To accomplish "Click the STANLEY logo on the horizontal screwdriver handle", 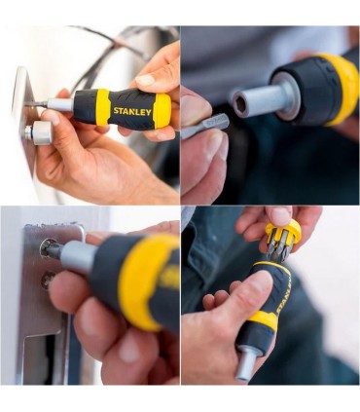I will pos(131,111).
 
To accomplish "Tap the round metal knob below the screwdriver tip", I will pos(41,133).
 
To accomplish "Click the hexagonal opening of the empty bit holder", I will pos(239,102).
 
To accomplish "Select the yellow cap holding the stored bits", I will pos(282,234).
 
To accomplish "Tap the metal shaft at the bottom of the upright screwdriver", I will pos(247,363).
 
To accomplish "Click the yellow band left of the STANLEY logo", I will pos(102,107).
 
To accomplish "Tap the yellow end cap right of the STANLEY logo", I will pos(162,110).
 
